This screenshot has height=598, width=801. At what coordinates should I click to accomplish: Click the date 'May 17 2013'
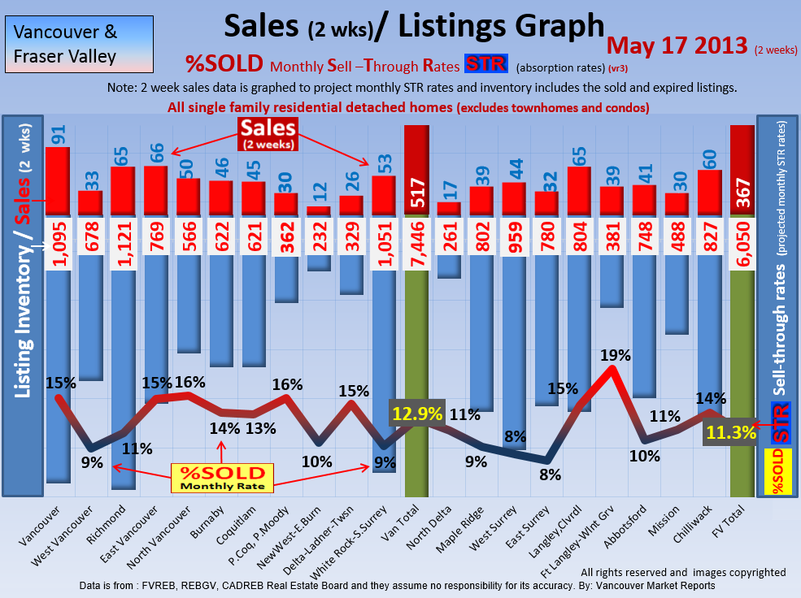677,45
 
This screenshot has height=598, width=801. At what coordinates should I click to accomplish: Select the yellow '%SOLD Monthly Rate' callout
222,477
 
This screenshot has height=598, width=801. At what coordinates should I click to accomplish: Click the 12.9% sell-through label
417,414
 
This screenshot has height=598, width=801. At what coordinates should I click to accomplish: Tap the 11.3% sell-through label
730,433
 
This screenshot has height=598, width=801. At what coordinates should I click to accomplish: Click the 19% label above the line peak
616,355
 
